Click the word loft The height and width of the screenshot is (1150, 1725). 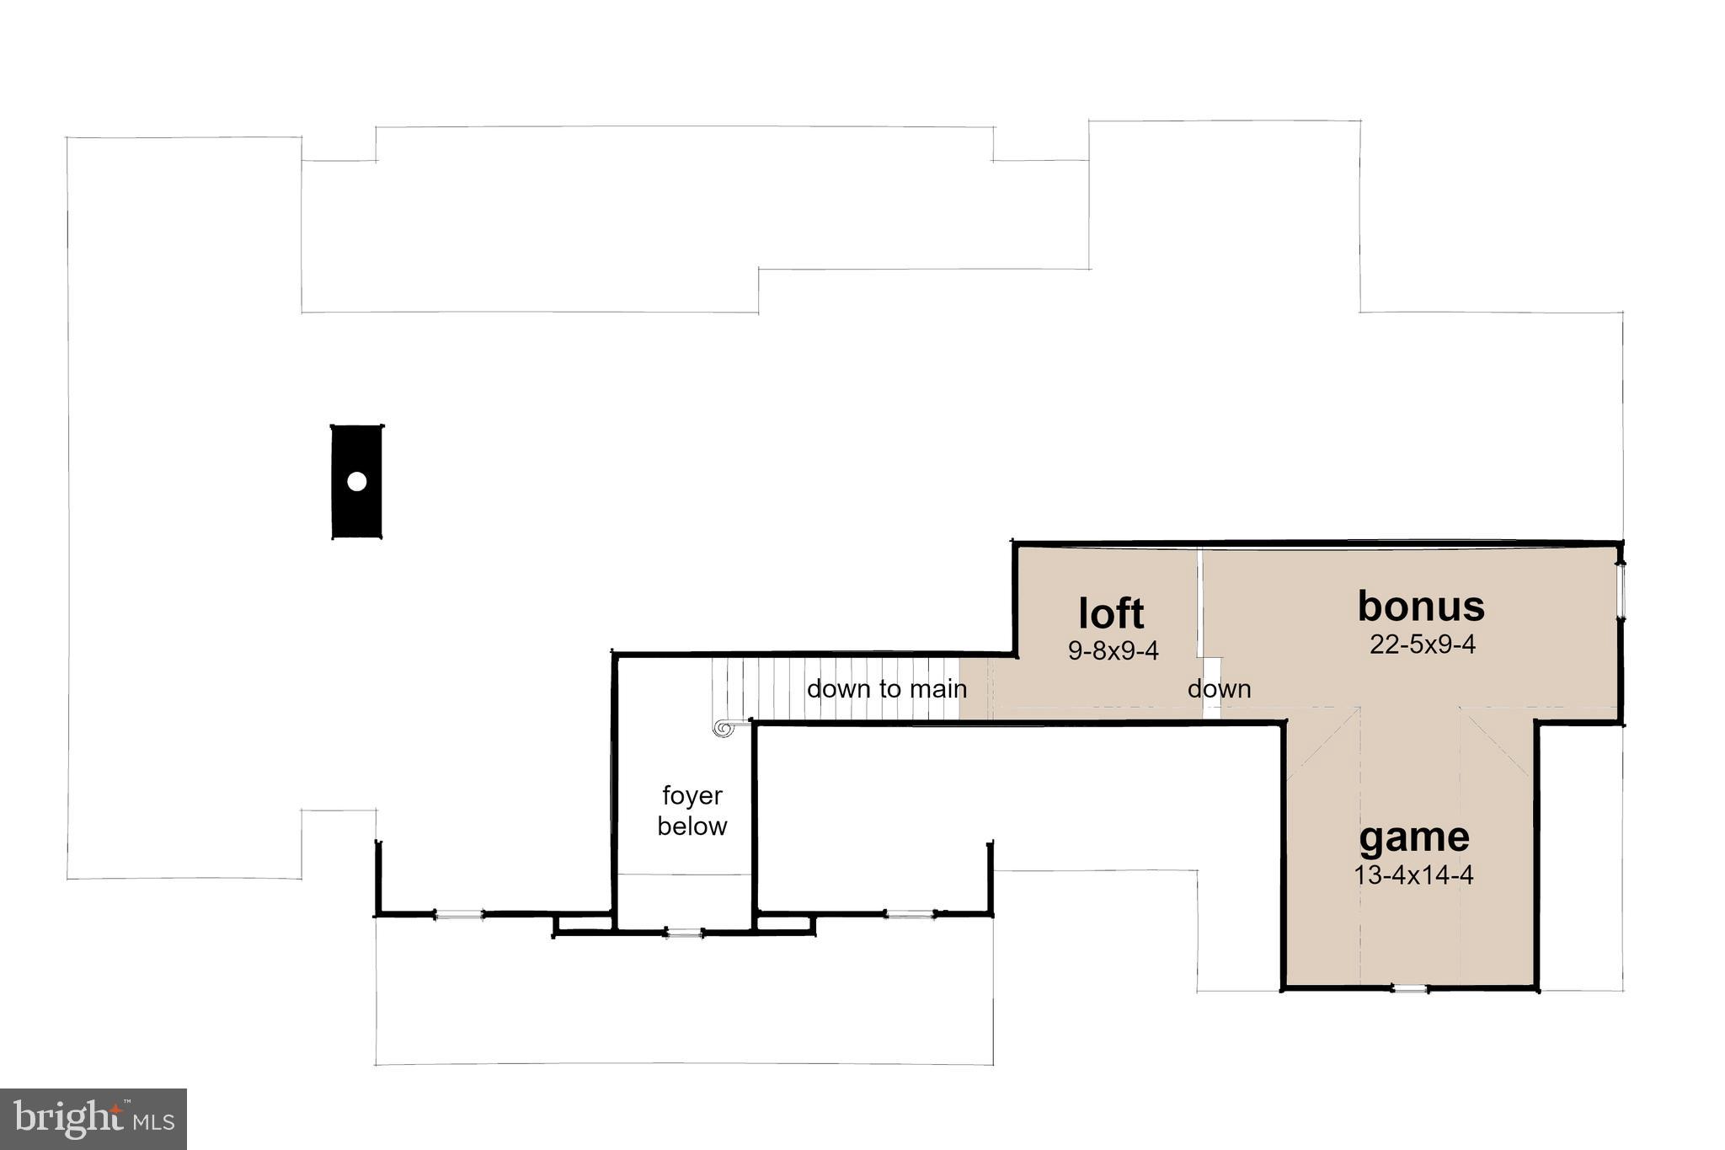click(x=1111, y=613)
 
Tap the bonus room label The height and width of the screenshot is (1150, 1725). click(x=1421, y=606)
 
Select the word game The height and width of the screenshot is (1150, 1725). click(x=1414, y=837)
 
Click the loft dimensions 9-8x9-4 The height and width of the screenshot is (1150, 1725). click(x=1114, y=651)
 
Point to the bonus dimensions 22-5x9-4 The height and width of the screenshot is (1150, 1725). click(x=1422, y=645)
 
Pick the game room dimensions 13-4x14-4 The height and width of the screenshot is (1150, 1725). click(x=1413, y=875)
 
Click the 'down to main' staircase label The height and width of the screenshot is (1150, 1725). click(x=886, y=689)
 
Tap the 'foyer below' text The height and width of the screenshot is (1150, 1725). click(x=692, y=810)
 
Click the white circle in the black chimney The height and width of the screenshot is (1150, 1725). click(x=357, y=482)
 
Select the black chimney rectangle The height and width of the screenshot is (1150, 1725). click(x=357, y=514)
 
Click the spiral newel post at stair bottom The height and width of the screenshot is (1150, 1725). click(x=723, y=728)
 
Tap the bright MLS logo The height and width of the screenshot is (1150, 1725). click(x=93, y=1119)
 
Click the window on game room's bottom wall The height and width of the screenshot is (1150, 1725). click(x=1409, y=988)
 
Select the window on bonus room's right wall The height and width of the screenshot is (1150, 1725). click(x=1621, y=591)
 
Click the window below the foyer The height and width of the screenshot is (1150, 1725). click(x=683, y=933)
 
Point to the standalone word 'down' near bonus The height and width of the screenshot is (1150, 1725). click(x=1219, y=689)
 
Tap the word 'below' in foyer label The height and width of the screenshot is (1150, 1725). click(x=692, y=826)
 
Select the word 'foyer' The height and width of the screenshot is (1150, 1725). click(x=692, y=795)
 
